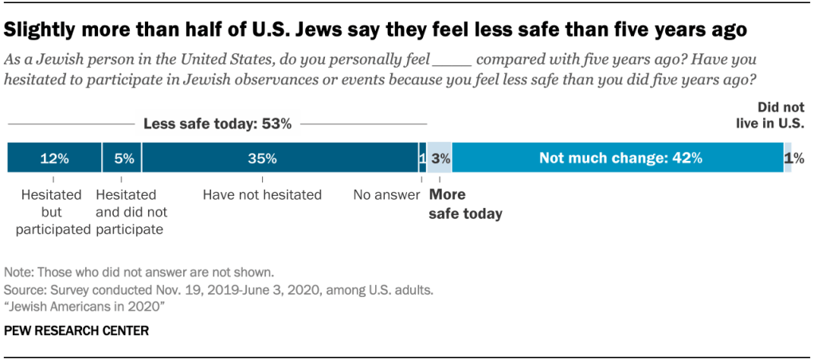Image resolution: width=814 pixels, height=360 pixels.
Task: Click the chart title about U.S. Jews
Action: click(375, 30)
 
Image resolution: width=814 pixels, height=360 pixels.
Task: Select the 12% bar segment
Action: click(54, 158)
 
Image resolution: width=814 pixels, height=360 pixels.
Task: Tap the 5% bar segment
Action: click(122, 158)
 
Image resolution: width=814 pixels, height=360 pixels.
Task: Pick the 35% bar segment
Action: click(280, 158)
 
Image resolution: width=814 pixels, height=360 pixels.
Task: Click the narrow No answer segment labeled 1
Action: click(422, 158)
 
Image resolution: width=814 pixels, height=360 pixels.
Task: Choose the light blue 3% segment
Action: click(440, 158)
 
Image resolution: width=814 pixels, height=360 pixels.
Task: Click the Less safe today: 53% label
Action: click(217, 124)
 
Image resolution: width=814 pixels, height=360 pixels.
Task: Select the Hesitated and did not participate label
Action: click(129, 212)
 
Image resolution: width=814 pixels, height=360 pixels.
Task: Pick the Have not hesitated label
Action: click(262, 194)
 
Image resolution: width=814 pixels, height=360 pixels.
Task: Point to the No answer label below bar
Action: click(386, 194)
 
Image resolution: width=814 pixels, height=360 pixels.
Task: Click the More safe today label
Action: click(465, 205)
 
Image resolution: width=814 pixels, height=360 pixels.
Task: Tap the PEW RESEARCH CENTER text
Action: click(76, 330)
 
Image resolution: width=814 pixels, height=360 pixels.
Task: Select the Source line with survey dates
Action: click(219, 290)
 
